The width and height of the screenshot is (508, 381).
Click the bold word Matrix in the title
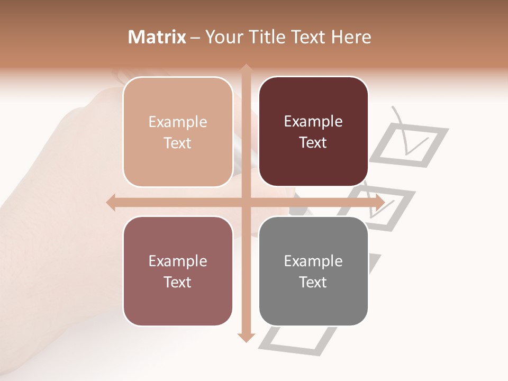click(x=157, y=37)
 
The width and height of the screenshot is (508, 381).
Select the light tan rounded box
click(x=178, y=132)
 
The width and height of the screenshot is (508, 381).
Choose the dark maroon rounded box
click(x=313, y=132)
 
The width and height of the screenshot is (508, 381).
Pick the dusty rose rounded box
click(x=178, y=271)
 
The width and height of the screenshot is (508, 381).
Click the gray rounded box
click(x=313, y=271)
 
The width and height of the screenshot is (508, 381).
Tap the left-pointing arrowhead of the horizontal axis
click(x=111, y=202)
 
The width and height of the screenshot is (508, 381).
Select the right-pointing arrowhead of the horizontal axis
click(x=379, y=202)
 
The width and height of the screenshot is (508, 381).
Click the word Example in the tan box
click(x=178, y=122)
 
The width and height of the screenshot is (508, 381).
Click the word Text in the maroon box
click(x=313, y=143)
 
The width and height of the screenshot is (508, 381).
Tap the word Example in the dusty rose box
click(x=178, y=261)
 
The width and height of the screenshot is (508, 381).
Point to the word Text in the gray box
click(x=313, y=282)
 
